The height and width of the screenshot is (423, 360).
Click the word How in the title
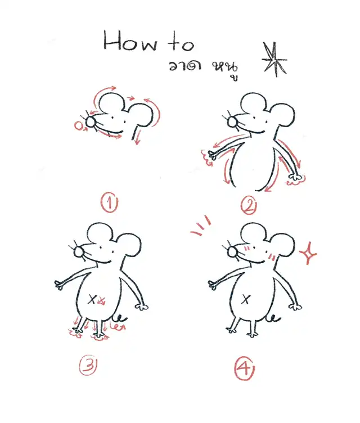(x=130, y=40)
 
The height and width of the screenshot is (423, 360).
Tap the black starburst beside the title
(x=274, y=60)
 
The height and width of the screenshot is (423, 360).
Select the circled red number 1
(x=109, y=202)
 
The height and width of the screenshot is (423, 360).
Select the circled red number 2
(x=249, y=206)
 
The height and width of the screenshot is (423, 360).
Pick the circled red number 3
(x=88, y=365)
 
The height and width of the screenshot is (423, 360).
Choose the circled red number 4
(x=244, y=368)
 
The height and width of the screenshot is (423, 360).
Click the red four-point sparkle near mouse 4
(x=308, y=253)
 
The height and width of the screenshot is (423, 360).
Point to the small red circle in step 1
(x=79, y=125)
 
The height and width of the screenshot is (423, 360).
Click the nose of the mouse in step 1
(x=91, y=121)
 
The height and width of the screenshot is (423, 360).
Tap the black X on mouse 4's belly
(x=246, y=299)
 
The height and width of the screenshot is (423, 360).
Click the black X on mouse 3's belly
(x=92, y=299)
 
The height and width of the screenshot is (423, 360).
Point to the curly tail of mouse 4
(x=273, y=318)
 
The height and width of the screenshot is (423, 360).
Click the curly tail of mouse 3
(x=120, y=318)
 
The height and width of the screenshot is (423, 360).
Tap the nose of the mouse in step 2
(x=232, y=121)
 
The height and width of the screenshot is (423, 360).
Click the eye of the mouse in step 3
(x=101, y=247)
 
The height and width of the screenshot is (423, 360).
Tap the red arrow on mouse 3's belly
(x=101, y=300)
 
